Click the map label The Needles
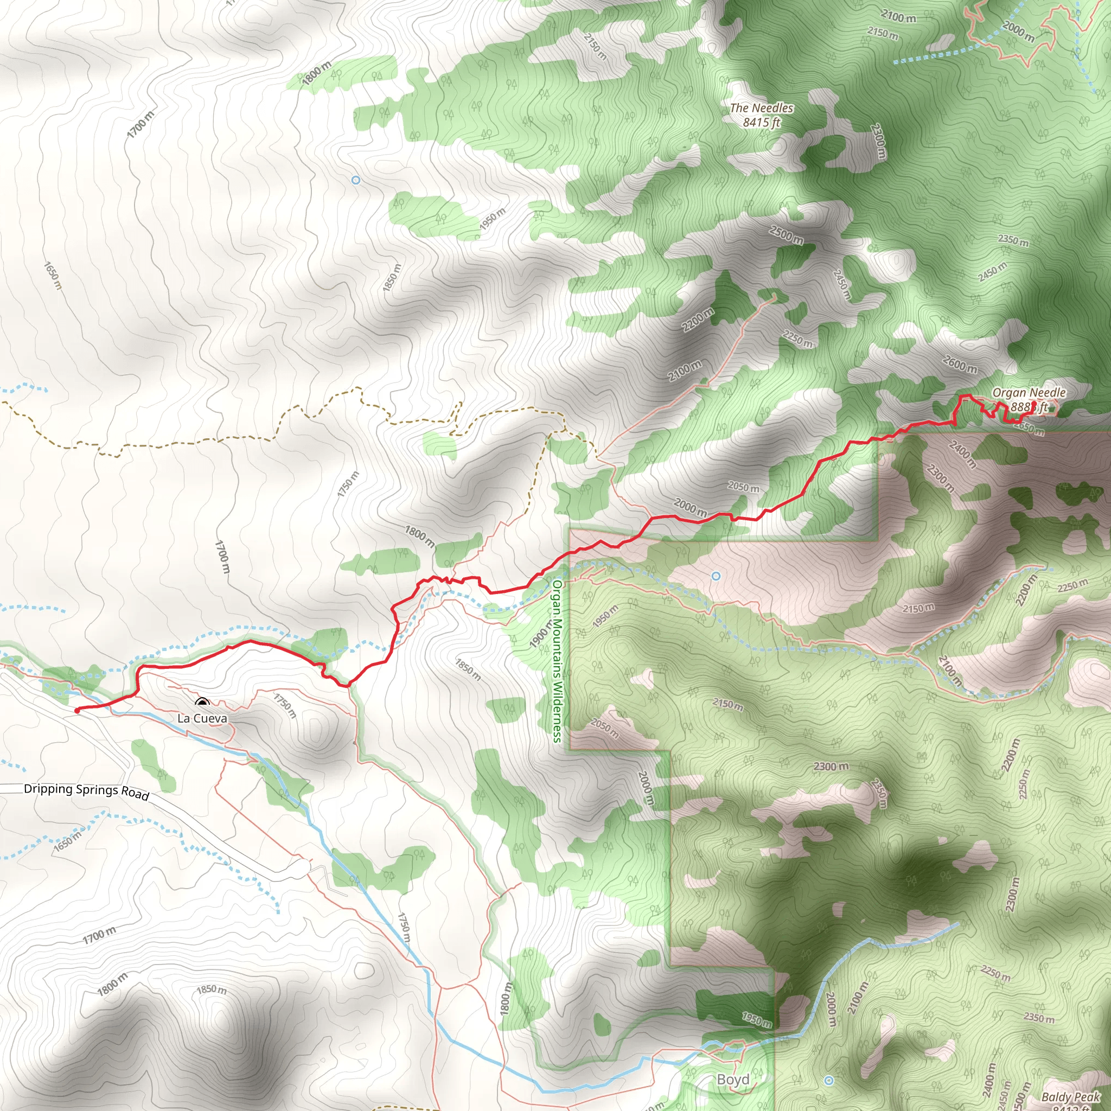click(761, 108)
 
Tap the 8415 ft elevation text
click(761, 123)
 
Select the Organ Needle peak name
click(1029, 393)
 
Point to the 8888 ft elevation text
click(1029, 407)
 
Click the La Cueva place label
click(202, 718)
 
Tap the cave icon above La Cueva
click(201, 703)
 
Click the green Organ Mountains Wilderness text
click(557, 661)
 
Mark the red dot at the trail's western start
click(77, 711)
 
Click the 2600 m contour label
click(960, 364)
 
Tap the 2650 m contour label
click(1029, 428)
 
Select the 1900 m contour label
click(540, 634)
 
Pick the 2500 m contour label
click(786, 235)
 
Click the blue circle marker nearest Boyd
click(829, 1081)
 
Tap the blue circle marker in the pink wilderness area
click(716, 576)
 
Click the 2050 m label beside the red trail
click(743, 487)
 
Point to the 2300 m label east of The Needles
click(878, 142)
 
